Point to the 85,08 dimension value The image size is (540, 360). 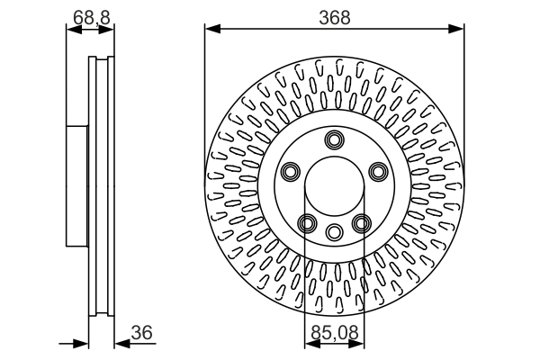pyautogui.click(x=335, y=332)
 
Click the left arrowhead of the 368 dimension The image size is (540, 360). pyautogui.click(x=211, y=30)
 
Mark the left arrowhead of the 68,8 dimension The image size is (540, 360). pyautogui.click(x=72, y=30)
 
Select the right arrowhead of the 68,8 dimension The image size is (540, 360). pyautogui.click(x=109, y=30)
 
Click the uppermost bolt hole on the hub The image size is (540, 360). pyautogui.click(x=335, y=139)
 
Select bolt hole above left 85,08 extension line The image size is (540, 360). pyautogui.click(x=307, y=223)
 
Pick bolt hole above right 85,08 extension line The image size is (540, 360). pyautogui.click(x=362, y=223)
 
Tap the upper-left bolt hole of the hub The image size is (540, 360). pyautogui.click(x=290, y=171)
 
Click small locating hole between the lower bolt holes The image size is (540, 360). pyautogui.click(x=335, y=230)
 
